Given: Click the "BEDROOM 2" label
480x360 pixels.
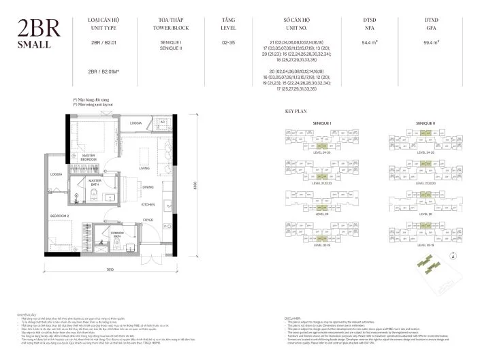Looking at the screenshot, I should click(60, 215).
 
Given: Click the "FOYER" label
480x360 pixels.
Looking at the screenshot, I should click(148, 220).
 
